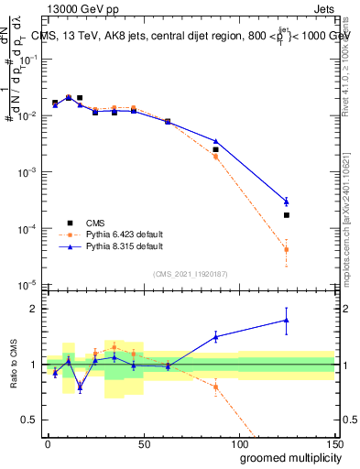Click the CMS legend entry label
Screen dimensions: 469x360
[95, 221]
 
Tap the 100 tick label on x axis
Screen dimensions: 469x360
[238, 443]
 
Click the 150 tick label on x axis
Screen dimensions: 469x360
[333, 443]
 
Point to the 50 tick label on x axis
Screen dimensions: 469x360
[143, 443]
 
